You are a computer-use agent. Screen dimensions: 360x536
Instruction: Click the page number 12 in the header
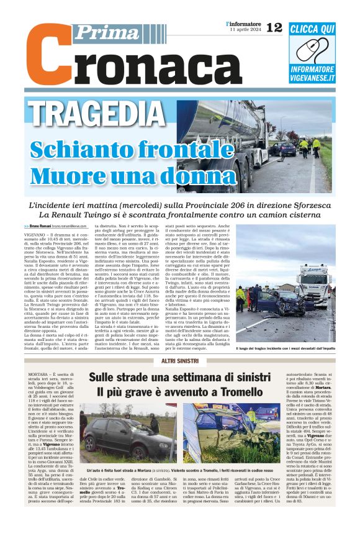274,28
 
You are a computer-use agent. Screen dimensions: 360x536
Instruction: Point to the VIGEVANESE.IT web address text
313,78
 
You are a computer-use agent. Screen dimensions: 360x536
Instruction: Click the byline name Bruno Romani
41,227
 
